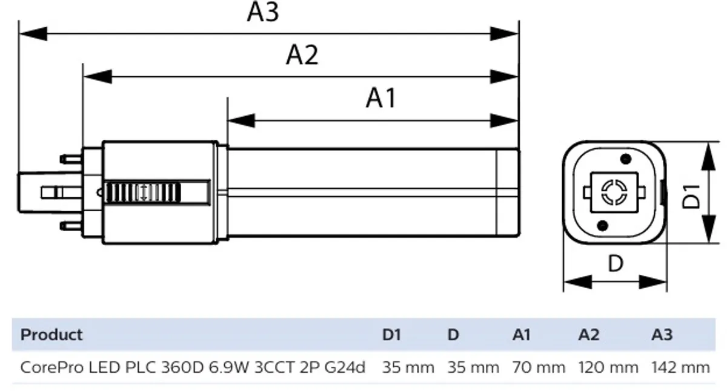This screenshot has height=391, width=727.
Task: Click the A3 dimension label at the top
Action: point(262,12)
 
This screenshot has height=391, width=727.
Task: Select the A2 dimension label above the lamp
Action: point(302,56)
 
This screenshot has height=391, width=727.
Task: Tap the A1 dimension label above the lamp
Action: point(381,98)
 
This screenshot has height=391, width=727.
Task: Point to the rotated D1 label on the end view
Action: point(691,196)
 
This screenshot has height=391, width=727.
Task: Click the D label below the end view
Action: point(616,263)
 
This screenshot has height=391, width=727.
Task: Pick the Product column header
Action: point(51,335)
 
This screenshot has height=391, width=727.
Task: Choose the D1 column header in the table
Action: point(391,335)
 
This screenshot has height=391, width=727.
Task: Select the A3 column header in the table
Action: point(662,335)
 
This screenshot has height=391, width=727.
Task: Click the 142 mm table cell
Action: point(680,367)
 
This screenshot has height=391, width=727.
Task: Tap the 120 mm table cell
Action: point(608,367)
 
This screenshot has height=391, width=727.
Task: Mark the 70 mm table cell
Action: point(539,367)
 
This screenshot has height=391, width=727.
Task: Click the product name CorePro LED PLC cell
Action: point(193,367)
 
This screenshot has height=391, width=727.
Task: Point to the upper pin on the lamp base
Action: point(71,159)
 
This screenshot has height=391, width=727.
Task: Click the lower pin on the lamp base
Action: point(71,226)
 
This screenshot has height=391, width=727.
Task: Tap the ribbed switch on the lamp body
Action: point(143,192)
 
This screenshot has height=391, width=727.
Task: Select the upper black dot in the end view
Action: point(625,159)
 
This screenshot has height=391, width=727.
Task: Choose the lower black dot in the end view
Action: point(602,226)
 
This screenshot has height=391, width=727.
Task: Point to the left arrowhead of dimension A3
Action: point(33,34)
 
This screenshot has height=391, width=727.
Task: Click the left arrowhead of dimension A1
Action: point(242,120)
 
